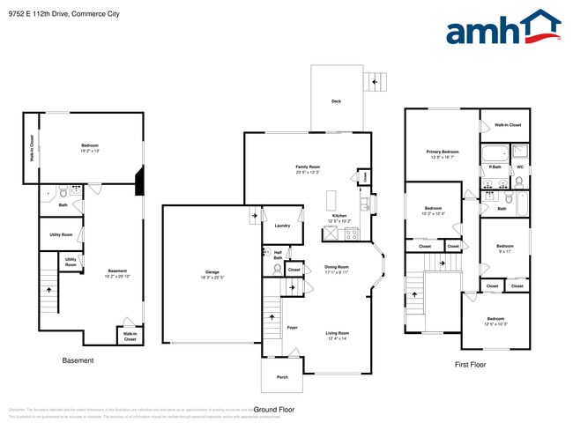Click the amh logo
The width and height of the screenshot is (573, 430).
502,28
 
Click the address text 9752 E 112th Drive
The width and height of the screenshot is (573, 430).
62,14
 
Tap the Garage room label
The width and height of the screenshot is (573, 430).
211,274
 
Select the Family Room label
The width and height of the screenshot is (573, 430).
307,168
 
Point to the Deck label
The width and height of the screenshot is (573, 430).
336,101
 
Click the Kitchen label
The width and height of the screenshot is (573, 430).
339,218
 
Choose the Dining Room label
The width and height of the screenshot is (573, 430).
337,269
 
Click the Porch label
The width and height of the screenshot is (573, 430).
282,377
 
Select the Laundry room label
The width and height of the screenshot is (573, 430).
282,226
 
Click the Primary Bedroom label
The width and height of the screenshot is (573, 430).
442,154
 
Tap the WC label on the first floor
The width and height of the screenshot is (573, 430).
519,167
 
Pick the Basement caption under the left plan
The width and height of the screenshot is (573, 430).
78,360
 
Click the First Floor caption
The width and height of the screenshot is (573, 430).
470,364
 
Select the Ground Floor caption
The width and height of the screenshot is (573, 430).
273,410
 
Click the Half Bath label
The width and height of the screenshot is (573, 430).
278,256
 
